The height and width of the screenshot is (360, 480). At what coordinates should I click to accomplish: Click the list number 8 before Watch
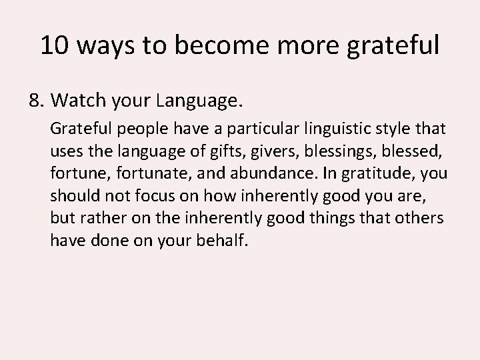(x=35, y=101)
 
